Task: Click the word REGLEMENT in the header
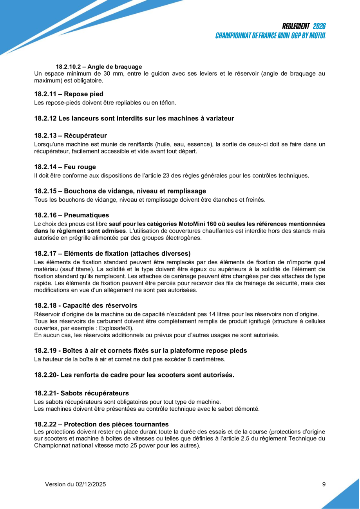click(296, 26)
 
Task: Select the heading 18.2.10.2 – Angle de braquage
click(99, 67)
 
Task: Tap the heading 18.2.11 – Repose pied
click(69, 94)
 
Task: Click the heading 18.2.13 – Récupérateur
click(71, 135)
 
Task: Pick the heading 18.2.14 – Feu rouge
click(65, 167)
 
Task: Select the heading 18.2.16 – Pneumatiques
click(72, 215)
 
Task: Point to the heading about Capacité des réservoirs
click(86, 305)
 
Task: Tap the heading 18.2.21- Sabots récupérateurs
click(81, 393)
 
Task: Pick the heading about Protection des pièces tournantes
click(101, 424)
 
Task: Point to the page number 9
click(324, 484)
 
